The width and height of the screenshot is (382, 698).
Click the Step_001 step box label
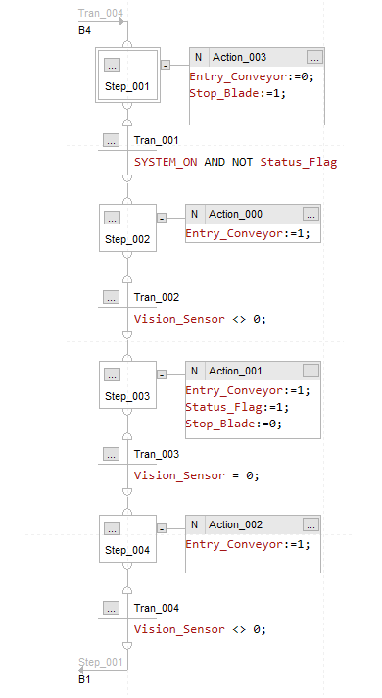(x=126, y=87)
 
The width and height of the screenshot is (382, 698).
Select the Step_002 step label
(x=126, y=239)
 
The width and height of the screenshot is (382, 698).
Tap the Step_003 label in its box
(x=126, y=396)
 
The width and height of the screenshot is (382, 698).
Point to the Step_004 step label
(x=126, y=551)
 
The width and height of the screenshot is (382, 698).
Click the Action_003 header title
(x=246, y=57)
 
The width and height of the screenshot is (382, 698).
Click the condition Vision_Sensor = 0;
(x=196, y=475)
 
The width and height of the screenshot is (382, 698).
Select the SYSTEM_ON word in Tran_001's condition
(x=167, y=161)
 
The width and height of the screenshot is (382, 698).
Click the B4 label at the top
(x=85, y=31)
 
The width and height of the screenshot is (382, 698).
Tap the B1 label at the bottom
(x=85, y=678)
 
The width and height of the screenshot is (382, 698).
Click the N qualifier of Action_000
(x=195, y=214)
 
